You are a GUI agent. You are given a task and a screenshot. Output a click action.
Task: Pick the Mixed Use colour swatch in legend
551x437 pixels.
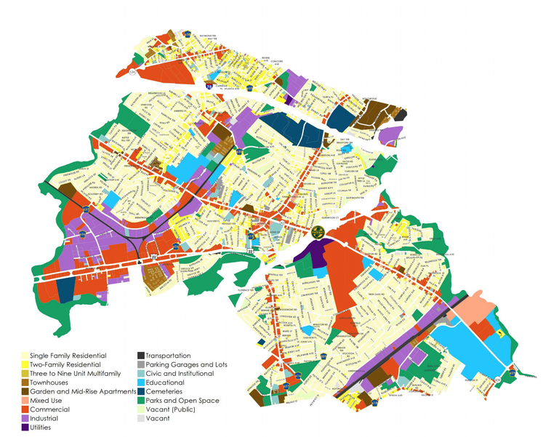click(24, 401)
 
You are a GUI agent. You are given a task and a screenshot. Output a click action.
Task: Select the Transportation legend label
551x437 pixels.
click(172, 356)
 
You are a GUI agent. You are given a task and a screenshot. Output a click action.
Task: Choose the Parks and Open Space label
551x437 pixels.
click(182, 401)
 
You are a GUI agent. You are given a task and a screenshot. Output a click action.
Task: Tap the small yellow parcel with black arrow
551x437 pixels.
click(501, 334)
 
